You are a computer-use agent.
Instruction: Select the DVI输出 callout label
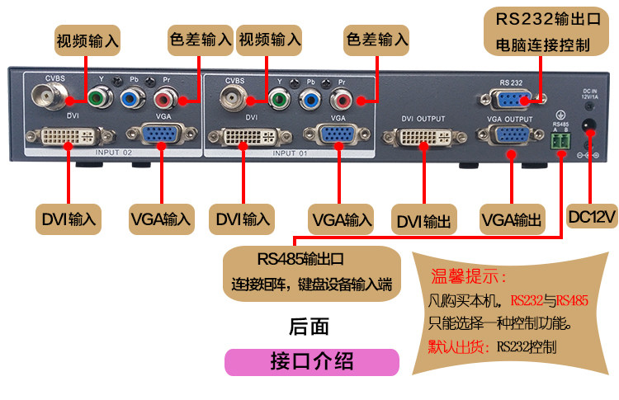pos(424,220)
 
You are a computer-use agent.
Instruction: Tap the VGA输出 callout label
pos(512,220)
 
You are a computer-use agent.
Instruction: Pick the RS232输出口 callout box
pos(542,31)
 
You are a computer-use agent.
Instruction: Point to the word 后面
pos(309,327)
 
